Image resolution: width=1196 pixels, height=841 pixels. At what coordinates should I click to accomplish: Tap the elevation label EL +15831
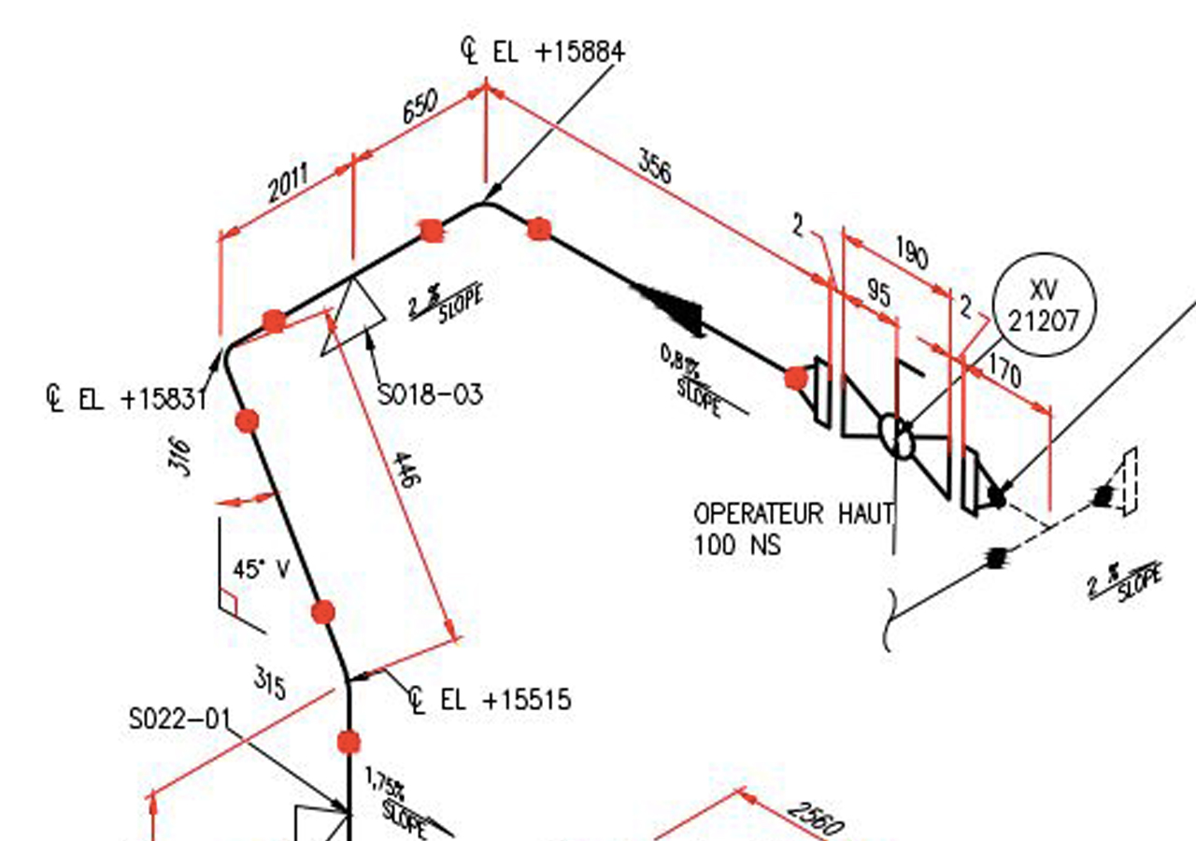point(126,399)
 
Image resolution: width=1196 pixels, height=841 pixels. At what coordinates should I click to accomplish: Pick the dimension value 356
point(654,166)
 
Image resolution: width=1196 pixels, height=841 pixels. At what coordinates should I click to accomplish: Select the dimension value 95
point(878,292)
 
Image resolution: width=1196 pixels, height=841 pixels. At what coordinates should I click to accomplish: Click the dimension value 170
point(1004,373)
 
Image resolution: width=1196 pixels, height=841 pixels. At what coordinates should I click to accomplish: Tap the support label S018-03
point(431,394)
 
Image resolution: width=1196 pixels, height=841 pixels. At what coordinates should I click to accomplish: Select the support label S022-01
point(178,720)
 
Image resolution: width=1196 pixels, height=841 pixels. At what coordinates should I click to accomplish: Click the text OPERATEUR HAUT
point(793,513)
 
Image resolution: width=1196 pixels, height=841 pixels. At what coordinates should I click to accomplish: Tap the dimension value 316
point(181,457)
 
